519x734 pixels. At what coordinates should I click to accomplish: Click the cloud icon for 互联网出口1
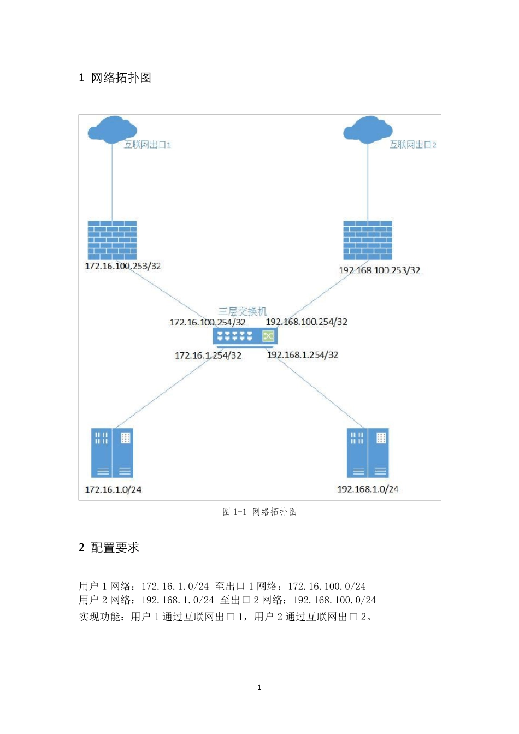point(112,129)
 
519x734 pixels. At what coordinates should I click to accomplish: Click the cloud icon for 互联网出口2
point(368,129)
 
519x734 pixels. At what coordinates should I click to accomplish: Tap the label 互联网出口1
point(148,145)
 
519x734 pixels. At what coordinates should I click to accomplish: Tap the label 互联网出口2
point(412,145)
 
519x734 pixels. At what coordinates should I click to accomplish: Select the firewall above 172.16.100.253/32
point(112,240)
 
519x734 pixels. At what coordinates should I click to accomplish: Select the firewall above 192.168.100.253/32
point(368,240)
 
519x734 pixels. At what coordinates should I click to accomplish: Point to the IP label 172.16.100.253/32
point(123,266)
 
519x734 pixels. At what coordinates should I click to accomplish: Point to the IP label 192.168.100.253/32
point(380,270)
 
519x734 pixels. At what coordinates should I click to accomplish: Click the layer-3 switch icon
point(245,337)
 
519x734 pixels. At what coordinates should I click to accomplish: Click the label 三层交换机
point(243,311)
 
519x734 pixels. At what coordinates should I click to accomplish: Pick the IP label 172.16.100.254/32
point(208,322)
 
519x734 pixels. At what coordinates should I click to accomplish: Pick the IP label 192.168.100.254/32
point(306,322)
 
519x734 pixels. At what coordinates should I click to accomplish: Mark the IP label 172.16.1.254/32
point(208,356)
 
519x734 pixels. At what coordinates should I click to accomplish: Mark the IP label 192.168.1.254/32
point(303,355)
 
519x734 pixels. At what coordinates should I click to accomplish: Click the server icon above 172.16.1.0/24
point(112,453)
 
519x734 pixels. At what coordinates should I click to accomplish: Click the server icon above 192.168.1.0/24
point(368,453)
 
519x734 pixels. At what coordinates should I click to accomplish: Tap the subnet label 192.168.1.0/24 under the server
point(368,489)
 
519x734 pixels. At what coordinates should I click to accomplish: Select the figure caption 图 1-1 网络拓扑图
point(259,512)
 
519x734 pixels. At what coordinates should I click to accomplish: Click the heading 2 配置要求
point(109,548)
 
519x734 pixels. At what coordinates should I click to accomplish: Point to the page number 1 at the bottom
point(259,688)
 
